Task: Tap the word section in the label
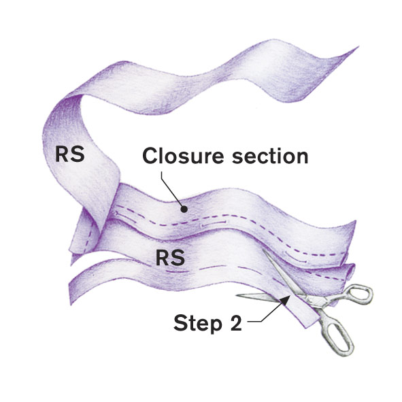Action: (270, 156)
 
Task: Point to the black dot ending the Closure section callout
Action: (184, 210)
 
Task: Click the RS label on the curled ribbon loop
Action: (70, 154)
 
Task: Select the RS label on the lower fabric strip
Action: (170, 257)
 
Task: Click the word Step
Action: (198, 323)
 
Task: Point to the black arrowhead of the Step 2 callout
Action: (285, 301)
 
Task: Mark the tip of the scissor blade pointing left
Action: (237, 296)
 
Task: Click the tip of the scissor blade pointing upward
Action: (263, 250)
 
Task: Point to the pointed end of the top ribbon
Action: (358, 47)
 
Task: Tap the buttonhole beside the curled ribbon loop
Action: (116, 214)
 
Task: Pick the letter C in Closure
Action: (150, 156)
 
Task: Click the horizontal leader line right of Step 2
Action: (254, 322)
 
